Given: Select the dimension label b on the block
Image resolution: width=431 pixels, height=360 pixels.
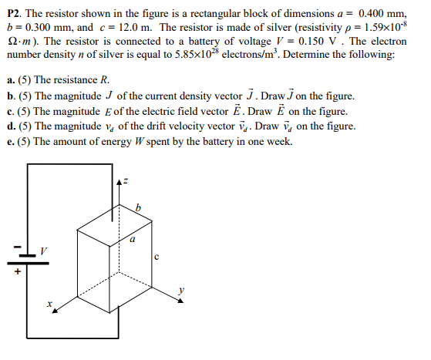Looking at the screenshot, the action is tap(138, 207).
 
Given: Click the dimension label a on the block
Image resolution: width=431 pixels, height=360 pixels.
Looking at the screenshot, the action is tap(132, 239).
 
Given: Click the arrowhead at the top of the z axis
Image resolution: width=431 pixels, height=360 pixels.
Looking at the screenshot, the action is tap(118, 181).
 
